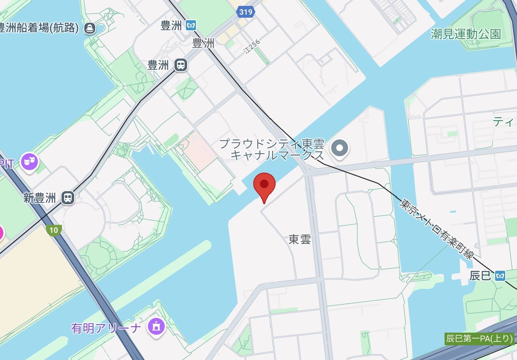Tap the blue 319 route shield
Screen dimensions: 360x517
246,12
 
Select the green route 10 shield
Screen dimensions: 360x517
54,230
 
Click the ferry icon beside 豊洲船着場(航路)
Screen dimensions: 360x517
89,28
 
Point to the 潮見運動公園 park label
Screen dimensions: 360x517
466,34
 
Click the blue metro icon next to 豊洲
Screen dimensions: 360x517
191,26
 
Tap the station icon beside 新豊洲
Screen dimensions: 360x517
67,197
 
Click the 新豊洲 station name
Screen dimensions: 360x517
40,198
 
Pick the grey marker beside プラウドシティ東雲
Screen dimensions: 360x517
340,148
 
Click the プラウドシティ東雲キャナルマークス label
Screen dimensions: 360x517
272,150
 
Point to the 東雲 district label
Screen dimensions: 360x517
300,240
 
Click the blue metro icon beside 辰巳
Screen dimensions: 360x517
500,276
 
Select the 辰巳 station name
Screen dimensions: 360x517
480,276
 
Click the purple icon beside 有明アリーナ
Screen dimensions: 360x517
155,326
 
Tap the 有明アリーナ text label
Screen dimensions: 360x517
106,328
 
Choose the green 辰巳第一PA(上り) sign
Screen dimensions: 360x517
480,339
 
